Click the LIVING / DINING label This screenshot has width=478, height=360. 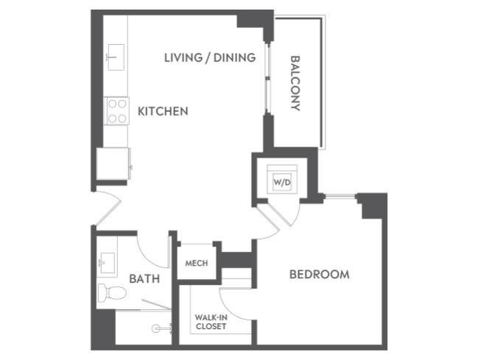pyautogui.click(x=209, y=57)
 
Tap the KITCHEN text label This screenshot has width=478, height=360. pyautogui.click(x=163, y=112)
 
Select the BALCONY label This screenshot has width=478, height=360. pyautogui.click(x=295, y=83)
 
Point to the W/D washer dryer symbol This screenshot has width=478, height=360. pyautogui.click(x=282, y=179)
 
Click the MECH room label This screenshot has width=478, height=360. pyautogui.click(x=195, y=264)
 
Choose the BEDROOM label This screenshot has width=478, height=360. pyautogui.click(x=319, y=275)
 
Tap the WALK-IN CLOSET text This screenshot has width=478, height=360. pyautogui.click(x=210, y=322)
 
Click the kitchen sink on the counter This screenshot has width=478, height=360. pyautogui.click(x=116, y=54)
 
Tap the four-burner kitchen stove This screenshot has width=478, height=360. pyautogui.click(x=117, y=110)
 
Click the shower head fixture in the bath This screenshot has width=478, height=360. pyautogui.click(x=158, y=328)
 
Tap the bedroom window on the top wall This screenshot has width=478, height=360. pyautogui.click(x=341, y=196)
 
